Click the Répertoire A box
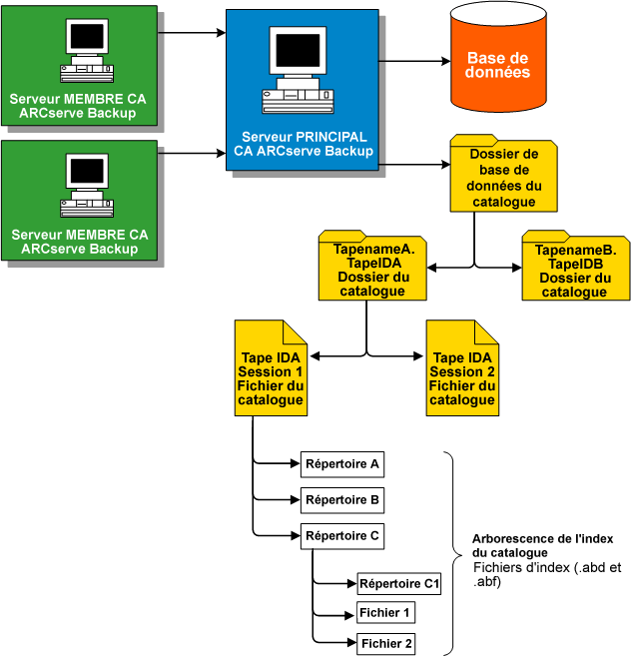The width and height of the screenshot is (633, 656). click(x=341, y=464)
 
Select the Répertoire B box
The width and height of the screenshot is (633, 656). click(x=341, y=499)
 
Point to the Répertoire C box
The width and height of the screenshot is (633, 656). click(x=341, y=535)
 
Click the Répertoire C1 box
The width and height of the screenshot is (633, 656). click(x=399, y=583)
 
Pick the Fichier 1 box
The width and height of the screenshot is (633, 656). click(x=385, y=612)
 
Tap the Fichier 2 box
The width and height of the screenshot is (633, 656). click(x=385, y=644)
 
